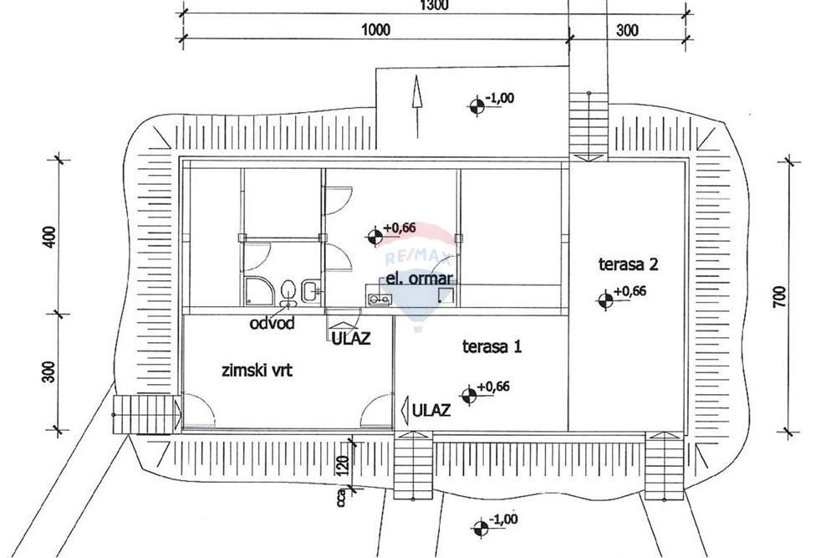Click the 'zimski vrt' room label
257,370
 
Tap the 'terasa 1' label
492,346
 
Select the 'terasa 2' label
628,264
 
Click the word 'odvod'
272,323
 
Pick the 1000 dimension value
376,29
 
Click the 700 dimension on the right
779,297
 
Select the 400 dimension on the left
49,237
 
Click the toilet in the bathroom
288,292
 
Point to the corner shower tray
259,290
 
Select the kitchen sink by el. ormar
380,299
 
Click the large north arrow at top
417,106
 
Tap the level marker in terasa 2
605,300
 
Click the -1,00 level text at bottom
502,519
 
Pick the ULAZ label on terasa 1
431,410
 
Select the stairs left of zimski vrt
146,414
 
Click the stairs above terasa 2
589,127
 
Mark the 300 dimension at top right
627,30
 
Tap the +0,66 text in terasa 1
494,387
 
